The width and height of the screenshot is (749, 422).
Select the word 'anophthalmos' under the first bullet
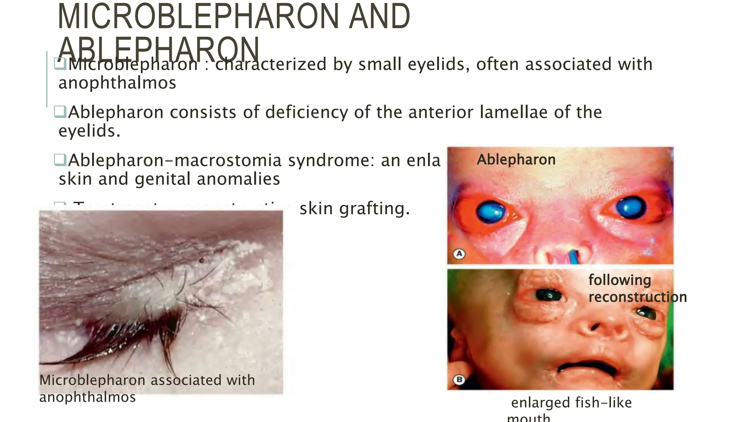117,83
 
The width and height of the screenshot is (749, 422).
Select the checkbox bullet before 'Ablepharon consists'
60,111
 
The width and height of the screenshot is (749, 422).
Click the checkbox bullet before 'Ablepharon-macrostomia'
60,159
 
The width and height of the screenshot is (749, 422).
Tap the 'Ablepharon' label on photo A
516,160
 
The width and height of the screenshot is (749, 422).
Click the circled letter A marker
459,253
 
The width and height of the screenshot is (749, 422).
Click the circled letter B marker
459,380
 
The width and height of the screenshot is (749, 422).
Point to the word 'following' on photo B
620,280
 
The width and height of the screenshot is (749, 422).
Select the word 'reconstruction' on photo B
637,297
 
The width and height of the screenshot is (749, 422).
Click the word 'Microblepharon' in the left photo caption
93,380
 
